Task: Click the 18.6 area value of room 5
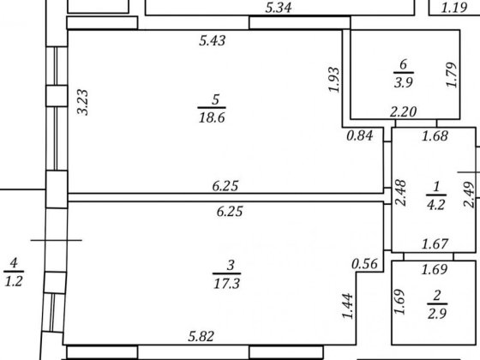[212, 117]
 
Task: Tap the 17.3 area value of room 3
[226, 284]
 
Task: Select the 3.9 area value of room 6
[404, 82]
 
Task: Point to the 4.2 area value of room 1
[435, 205]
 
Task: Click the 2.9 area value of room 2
[437, 314]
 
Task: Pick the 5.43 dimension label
[213, 40]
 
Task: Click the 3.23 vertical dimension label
[82, 102]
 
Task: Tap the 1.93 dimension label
[333, 79]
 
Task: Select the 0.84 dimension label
[360, 135]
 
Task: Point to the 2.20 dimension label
[403, 111]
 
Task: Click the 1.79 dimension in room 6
[451, 75]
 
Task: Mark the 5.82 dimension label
[201, 336]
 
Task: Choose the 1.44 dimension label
[347, 306]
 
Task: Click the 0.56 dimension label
[364, 264]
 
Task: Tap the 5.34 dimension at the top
[279, 8]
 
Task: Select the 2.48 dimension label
[400, 193]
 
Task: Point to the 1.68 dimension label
[435, 136]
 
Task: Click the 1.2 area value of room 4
[14, 281]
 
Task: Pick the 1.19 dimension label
[454, 8]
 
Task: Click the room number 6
[403, 64]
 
